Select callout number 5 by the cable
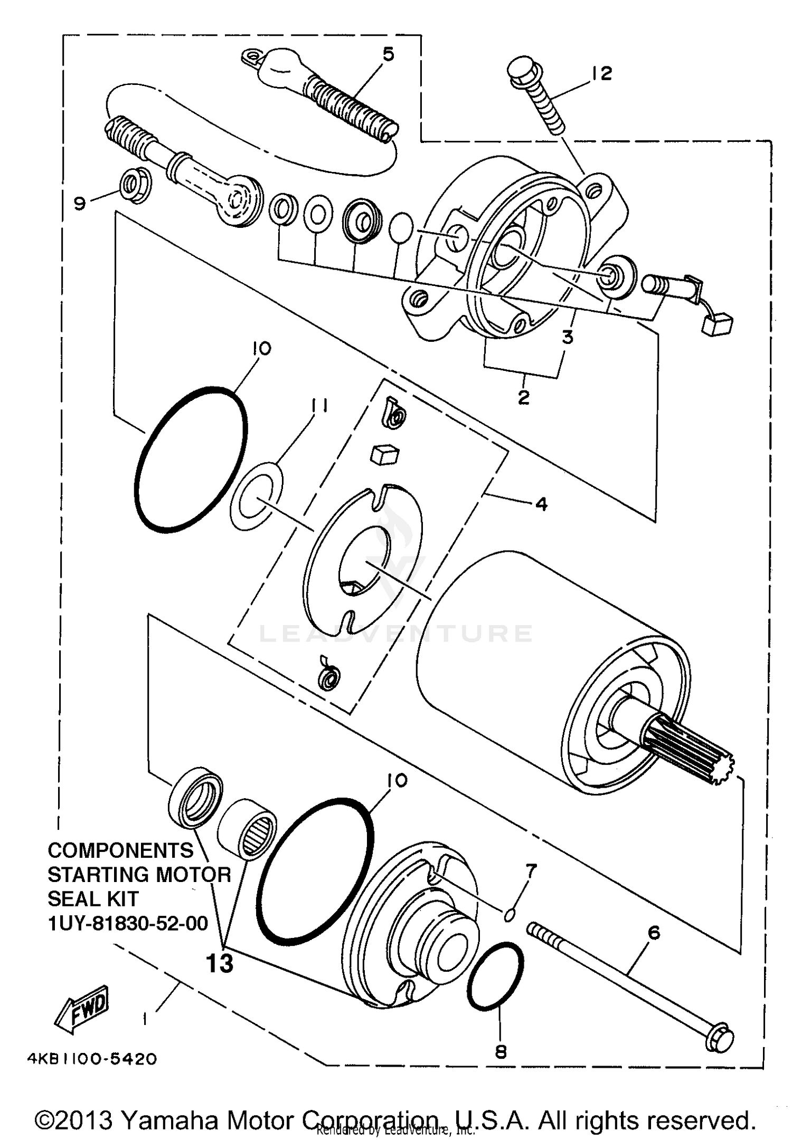point(388,54)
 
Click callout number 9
point(80,203)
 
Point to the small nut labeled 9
point(137,187)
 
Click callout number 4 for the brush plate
point(541,504)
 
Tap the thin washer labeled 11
point(257,496)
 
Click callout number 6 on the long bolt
point(654,933)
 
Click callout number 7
point(531,871)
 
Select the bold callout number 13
point(219,964)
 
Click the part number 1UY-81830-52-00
point(128,924)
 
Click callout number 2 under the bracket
point(523,397)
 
